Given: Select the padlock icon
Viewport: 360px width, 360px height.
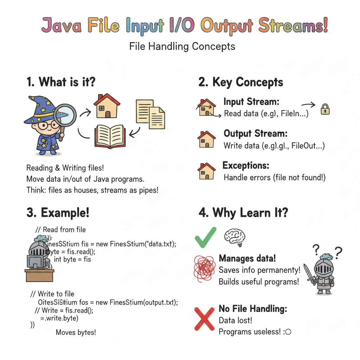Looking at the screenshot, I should point(324,110).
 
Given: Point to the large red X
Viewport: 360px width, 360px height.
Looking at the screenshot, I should point(205,318).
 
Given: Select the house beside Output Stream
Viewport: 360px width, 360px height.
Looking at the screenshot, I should point(206,140).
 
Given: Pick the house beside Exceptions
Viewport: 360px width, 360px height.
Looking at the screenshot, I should point(206,172).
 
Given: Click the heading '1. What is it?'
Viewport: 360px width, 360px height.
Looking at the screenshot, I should point(61,82).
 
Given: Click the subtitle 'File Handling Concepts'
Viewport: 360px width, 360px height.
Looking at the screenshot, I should point(182,46).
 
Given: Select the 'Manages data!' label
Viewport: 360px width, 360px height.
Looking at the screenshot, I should point(247,258).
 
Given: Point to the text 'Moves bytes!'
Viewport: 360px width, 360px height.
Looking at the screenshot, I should point(76,332).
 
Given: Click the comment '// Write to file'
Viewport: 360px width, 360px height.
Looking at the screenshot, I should point(52,294).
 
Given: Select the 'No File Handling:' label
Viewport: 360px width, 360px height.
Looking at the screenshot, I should point(253,309).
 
